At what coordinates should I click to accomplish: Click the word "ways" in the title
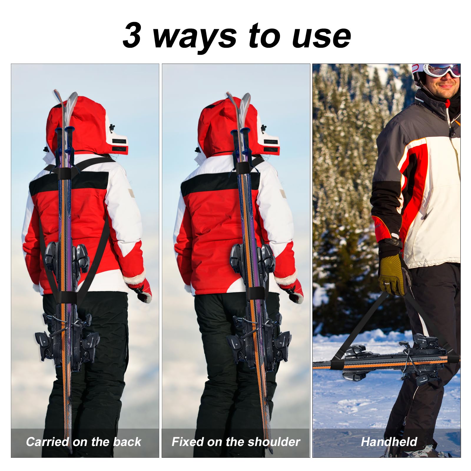tap(195, 38)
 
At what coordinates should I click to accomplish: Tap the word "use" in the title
tap(321, 37)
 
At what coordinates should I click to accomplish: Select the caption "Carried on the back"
tap(84, 442)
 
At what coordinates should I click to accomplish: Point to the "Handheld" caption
tap(389, 442)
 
